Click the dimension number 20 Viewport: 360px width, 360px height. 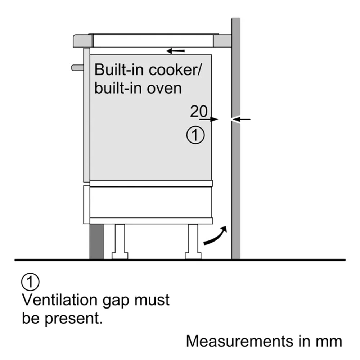(x=199, y=111)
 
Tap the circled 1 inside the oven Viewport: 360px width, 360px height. (x=195, y=135)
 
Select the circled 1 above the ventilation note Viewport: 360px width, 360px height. (x=30, y=282)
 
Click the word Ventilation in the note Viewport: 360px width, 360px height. (x=60, y=300)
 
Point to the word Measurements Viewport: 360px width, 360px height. (x=240, y=341)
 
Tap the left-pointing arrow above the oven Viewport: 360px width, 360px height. (x=175, y=51)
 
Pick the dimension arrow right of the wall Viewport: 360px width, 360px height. (x=241, y=119)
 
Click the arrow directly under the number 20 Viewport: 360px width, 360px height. (x=208, y=120)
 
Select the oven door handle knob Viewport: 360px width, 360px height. (x=77, y=68)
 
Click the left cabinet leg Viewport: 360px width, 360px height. (x=120, y=242)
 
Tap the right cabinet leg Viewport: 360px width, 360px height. (x=193, y=242)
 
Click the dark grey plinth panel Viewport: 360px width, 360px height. (x=96, y=242)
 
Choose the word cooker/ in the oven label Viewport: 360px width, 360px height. (x=175, y=69)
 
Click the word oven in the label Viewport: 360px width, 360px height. (x=164, y=89)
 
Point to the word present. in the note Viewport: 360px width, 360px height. (x=74, y=319)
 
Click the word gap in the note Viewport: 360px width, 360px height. (x=116, y=301)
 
